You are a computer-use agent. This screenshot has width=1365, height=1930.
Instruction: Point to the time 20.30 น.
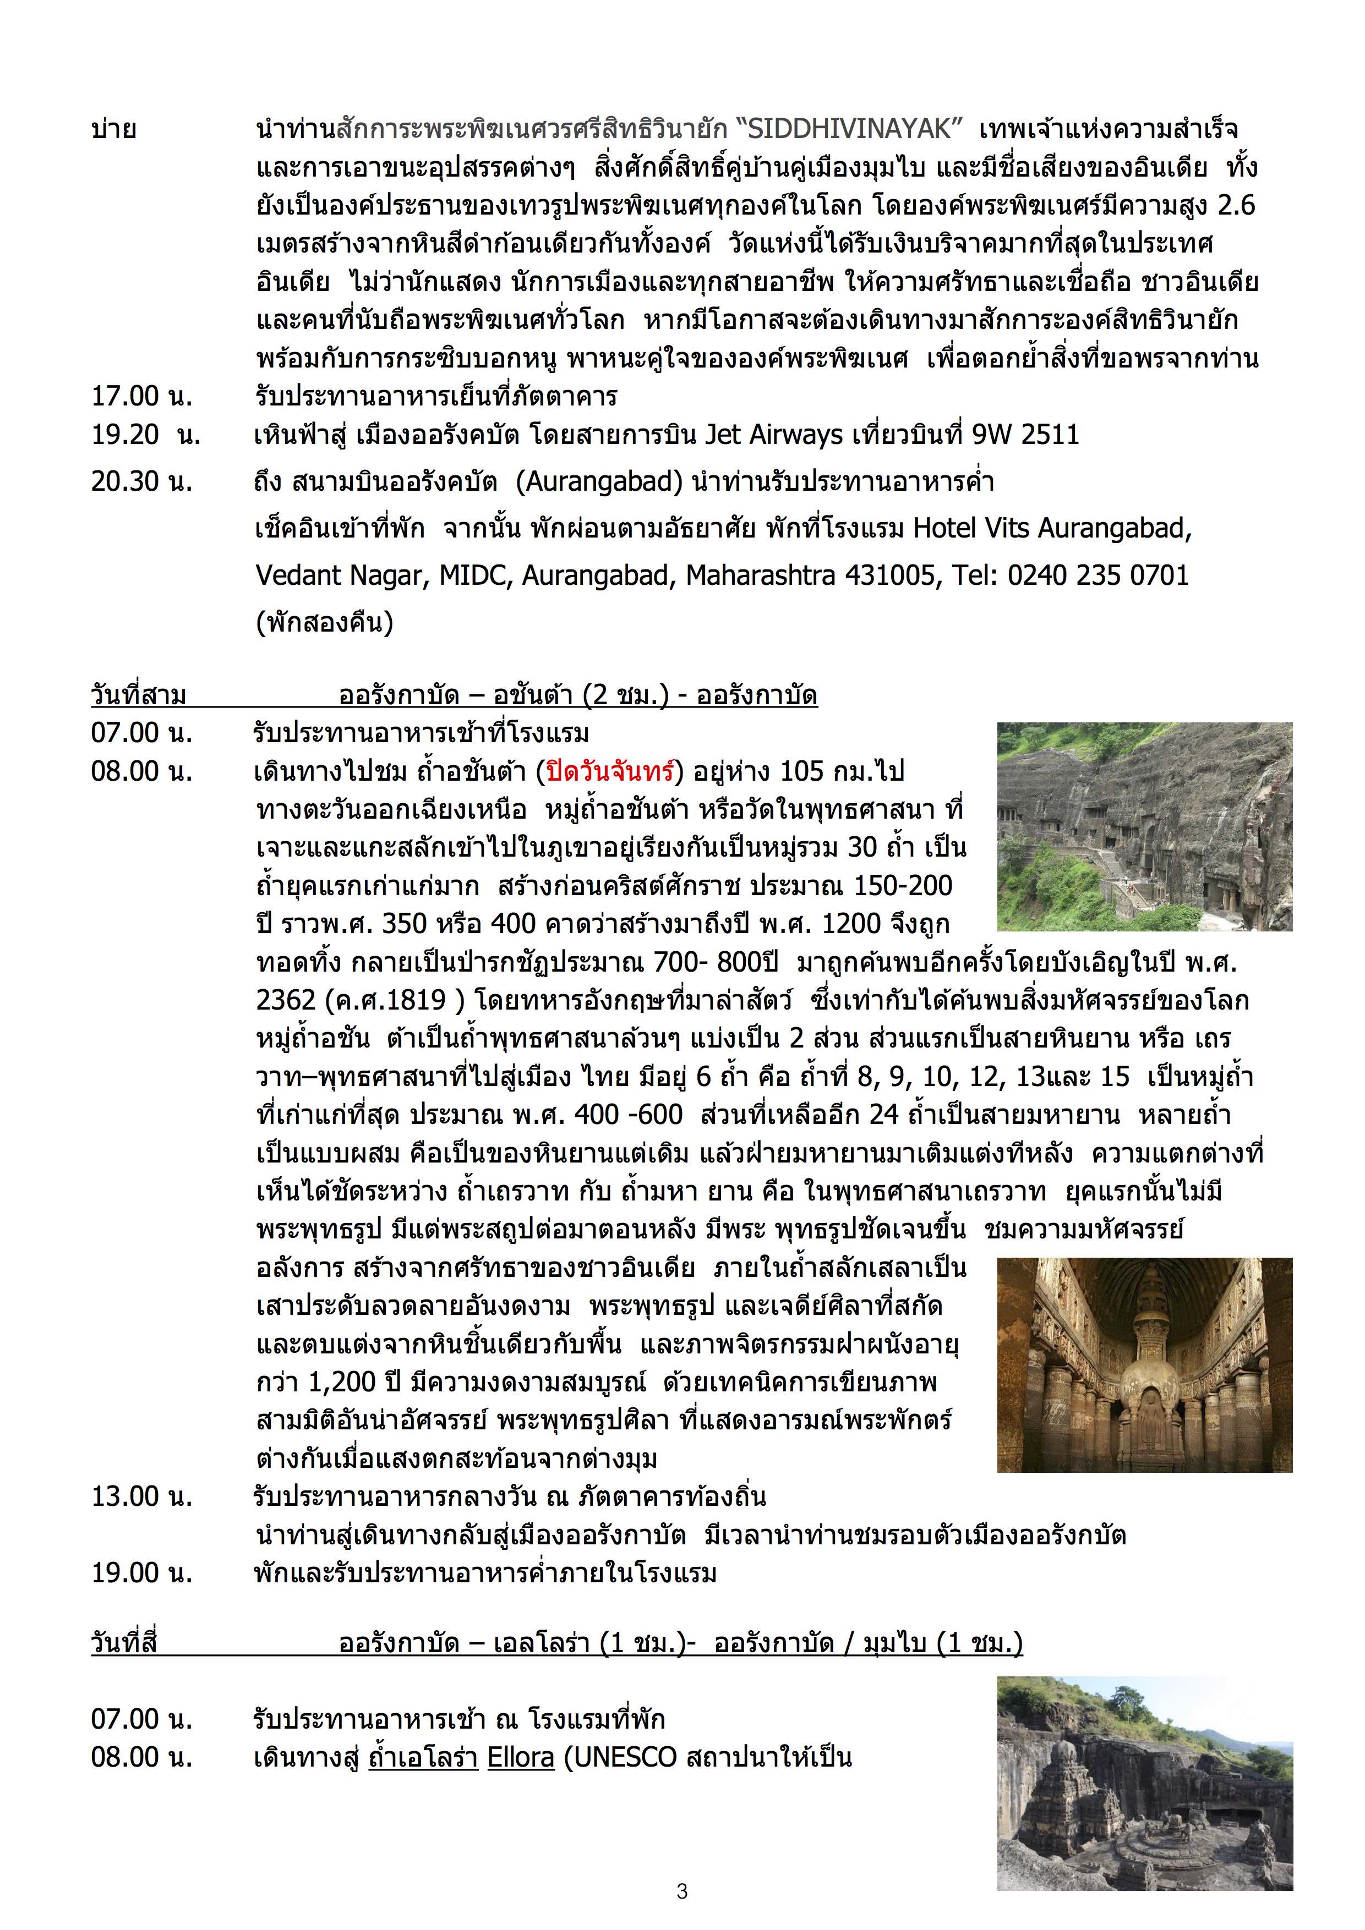[x=141, y=481]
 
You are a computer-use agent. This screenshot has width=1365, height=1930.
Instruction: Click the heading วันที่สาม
[x=139, y=695]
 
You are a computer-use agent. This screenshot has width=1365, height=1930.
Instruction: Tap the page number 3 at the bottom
[x=681, y=1890]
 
